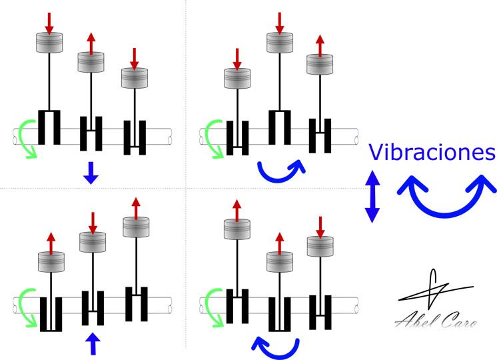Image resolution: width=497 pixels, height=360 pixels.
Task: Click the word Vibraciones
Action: coord(432,152)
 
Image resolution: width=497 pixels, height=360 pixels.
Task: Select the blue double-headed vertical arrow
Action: coord(372,197)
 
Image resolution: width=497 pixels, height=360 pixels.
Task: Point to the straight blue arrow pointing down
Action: coord(91,173)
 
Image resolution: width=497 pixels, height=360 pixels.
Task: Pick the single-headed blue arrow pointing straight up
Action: coord(93,343)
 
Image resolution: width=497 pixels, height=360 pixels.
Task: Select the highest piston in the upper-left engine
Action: coord(49,43)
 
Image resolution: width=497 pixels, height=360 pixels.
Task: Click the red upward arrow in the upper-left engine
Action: coord(91,44)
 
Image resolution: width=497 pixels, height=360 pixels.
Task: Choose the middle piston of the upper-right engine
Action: coord(280,43)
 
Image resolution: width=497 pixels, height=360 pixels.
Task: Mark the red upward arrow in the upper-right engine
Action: coord(320,46)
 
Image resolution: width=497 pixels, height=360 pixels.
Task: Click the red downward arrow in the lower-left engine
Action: coord(93,223)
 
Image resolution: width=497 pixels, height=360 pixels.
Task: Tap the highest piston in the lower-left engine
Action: coord(136,227)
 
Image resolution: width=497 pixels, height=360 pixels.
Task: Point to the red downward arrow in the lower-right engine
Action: coord(320,227)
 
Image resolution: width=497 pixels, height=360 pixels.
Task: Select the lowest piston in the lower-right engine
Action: coord(280,262)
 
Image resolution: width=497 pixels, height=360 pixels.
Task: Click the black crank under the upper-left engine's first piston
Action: coord(49,127)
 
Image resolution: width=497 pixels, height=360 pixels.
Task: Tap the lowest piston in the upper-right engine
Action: coord(237,79)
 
